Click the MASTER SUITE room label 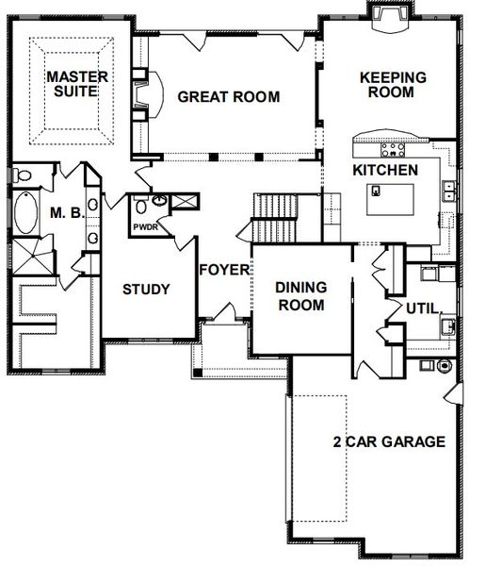coord(78,84)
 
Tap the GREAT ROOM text coord(229,96)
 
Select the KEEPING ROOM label coord(393,85)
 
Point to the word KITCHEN coord(384,171)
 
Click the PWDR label coord(144,227)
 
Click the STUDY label coord(146,289)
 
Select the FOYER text coord(223,270)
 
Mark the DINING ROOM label coord(300,295)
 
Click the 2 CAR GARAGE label coord(388,441)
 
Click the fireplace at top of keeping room coord(388,17)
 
